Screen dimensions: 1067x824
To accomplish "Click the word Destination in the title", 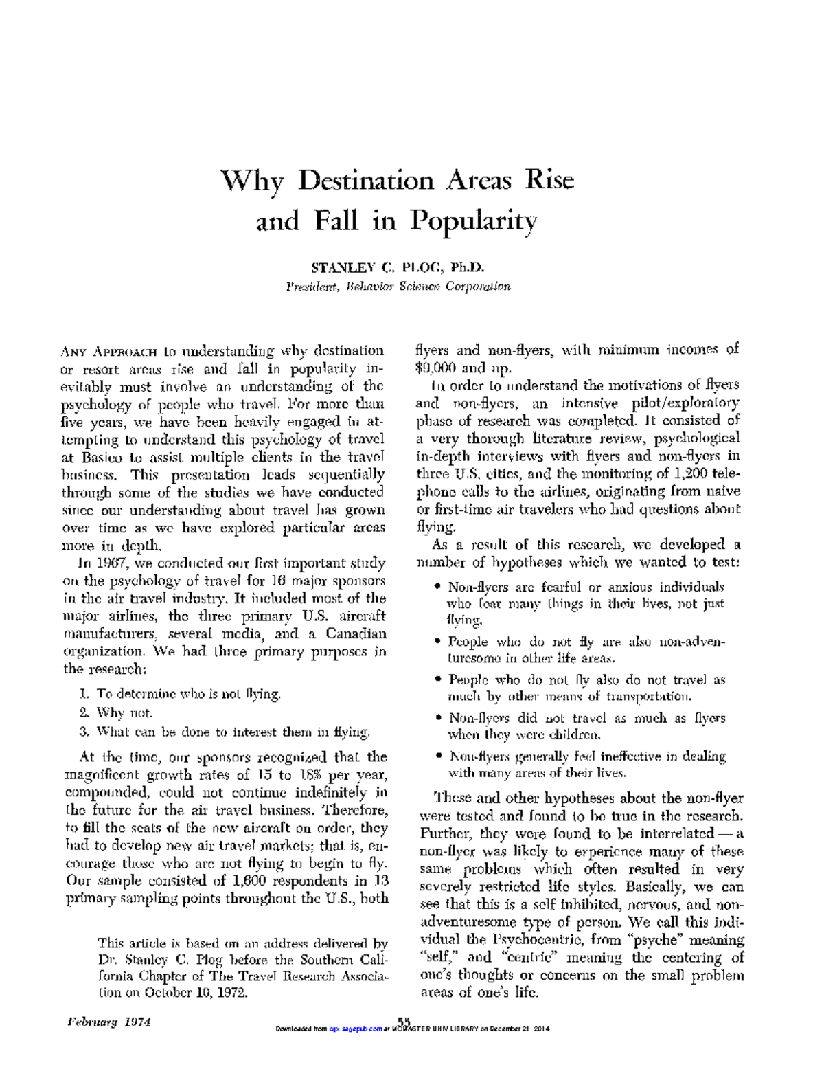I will pos(367,181).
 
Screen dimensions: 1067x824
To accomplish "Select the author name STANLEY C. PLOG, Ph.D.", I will pos(398,267).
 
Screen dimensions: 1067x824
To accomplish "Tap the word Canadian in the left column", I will pos(356,633).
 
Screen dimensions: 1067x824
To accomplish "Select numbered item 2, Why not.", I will pos(116,712).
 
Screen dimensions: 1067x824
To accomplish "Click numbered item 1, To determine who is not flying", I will pos(181,694).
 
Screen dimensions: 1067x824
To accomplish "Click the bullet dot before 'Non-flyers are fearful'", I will pos(437,587).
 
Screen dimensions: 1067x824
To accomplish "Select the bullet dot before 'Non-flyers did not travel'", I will pos(437,718).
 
